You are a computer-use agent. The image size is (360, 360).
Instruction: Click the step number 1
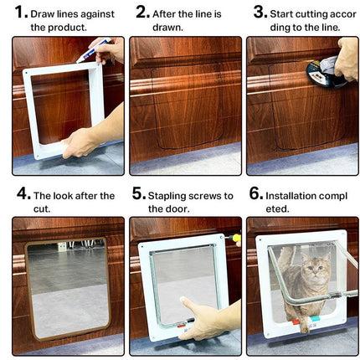[22, 13]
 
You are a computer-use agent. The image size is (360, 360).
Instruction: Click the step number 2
[141, 13]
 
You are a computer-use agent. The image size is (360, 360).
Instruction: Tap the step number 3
[260, 13]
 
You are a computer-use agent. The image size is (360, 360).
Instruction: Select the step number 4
[23, 194]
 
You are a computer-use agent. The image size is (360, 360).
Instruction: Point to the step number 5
[139, 194]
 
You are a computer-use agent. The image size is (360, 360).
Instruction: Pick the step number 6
[256, 194]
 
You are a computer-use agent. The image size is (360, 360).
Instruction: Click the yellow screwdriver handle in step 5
[236, 239]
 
